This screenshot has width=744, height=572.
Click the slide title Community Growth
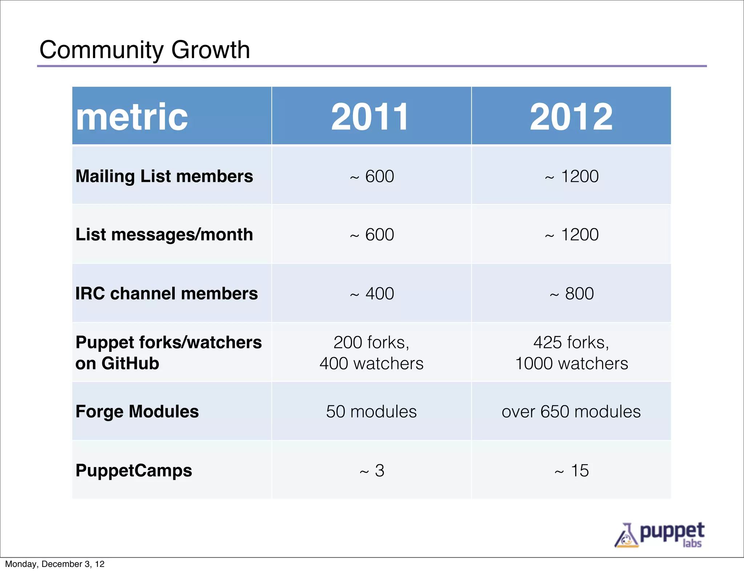145,50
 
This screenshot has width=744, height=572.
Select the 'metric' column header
132,117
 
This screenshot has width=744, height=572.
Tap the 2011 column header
370,117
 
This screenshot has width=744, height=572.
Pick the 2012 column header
571,117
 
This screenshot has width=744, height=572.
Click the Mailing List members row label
164,176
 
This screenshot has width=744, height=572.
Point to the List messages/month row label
164,234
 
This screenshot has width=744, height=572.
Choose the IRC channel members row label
166,294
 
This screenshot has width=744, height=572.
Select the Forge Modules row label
137,412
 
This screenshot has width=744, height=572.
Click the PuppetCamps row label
134,471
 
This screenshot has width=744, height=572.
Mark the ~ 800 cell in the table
572,294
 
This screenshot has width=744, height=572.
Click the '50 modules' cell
371,412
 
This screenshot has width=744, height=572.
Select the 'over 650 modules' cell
571,412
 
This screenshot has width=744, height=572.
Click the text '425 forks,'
571,342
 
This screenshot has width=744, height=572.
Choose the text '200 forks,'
371,342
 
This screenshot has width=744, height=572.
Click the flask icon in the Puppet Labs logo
626,536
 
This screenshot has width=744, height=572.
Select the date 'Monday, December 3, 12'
55,564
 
